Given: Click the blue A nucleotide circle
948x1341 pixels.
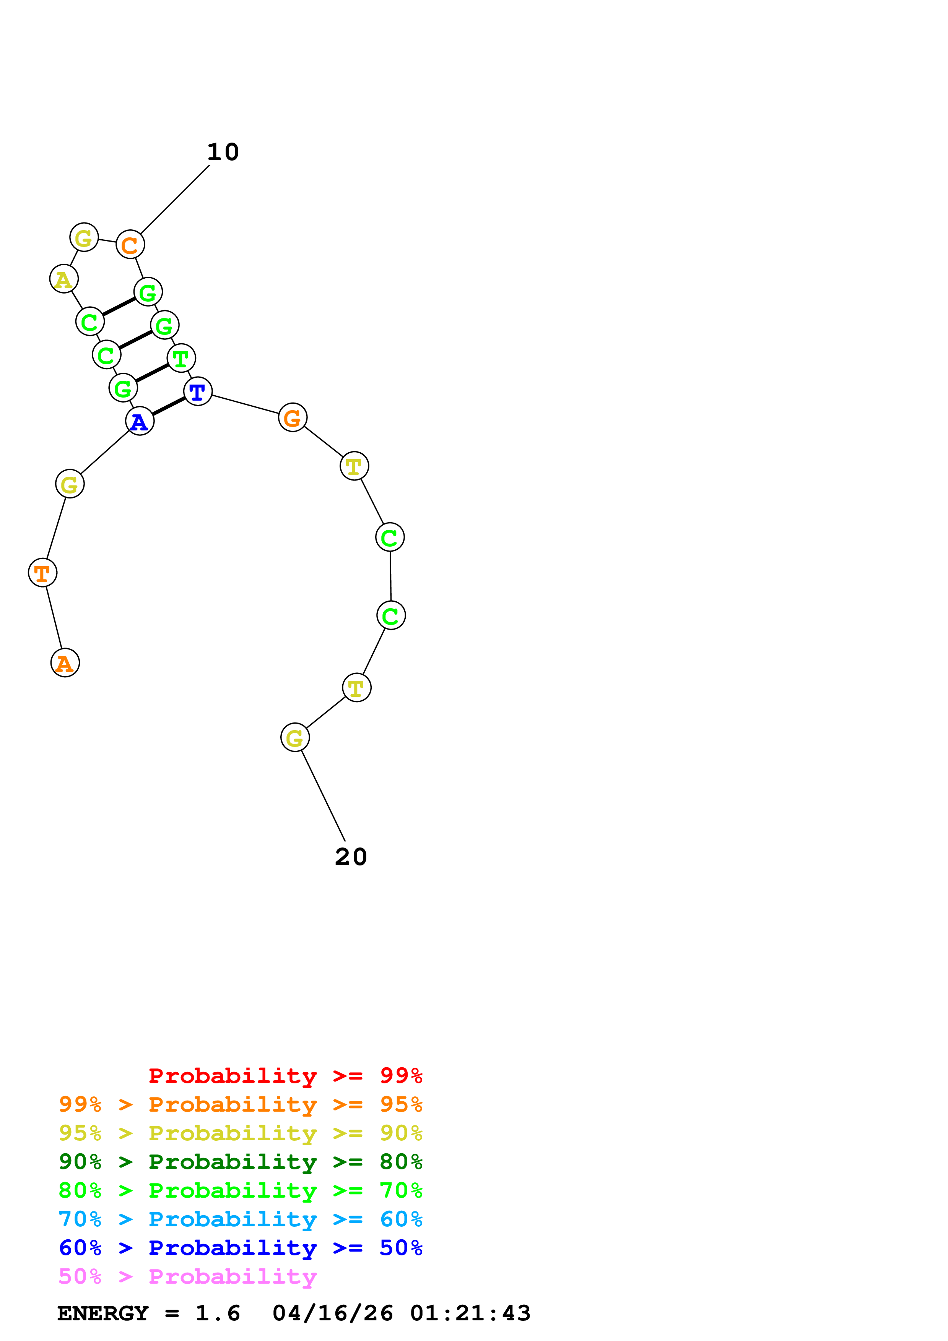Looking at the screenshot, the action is (x=140, y=421).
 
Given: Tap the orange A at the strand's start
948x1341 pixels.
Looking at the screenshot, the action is (x=65, y=663).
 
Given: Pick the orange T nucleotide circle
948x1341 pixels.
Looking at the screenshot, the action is (x=43, y=573).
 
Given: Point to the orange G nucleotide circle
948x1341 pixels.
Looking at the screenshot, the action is (x=293, y=417).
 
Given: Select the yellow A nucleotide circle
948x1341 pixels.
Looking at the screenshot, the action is (x=63, y=279).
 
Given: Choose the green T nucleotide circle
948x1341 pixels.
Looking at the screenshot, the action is (x=181, y=358).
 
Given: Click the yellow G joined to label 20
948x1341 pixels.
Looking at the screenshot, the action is (x=295, y=738).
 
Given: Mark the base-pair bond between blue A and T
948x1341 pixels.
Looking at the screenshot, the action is (x=169, y=406).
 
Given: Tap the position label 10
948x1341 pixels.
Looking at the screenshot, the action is (x=223, y=153).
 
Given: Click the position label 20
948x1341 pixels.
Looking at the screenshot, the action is (x=350, y=857).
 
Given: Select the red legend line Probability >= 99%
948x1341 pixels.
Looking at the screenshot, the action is (x=285, y=1076).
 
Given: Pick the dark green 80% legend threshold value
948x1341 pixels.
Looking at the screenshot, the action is (x=401, y=1162).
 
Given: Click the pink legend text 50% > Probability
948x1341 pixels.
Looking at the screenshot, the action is (x=187, y=1276).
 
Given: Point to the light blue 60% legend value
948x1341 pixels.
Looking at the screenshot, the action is (x=401, y=1219).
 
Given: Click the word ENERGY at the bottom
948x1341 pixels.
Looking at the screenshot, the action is (x=103, y=1313).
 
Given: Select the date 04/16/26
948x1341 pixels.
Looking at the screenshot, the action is (x=332, y=1313).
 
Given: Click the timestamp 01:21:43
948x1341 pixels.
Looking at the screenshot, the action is (x=470, y=1313).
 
